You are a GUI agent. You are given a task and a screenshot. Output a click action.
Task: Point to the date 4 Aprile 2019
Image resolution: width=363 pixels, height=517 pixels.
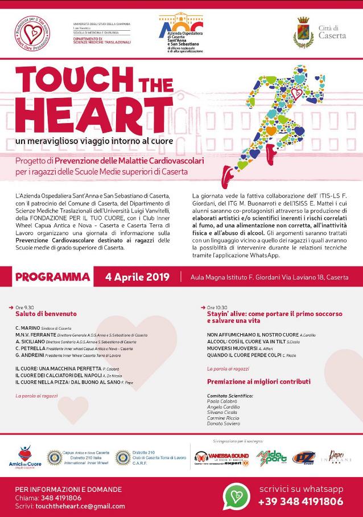pyautogui.click(x=137, y=277)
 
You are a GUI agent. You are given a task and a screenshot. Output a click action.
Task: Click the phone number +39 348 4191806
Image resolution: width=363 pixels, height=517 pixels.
pyautogui.click(x=300, y=502)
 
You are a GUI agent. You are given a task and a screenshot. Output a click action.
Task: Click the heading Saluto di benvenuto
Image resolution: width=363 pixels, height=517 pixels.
pyautogui.click(x=46, y=314)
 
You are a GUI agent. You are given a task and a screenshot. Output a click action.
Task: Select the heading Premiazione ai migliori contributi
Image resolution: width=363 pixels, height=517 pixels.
pyautogui.click(x=259, y=381)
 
